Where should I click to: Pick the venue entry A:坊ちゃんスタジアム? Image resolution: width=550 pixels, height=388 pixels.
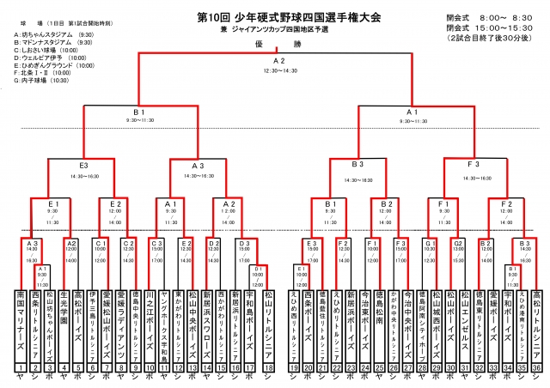click(48, 34)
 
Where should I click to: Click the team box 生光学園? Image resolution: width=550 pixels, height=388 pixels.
click(63, 323)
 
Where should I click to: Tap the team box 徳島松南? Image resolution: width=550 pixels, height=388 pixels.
click(380, 323)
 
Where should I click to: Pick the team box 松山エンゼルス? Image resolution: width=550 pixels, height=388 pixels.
click(464, 323)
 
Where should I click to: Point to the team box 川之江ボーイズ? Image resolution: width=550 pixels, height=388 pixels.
click(150, 323)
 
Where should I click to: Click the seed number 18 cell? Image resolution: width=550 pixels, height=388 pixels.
click(269, 367)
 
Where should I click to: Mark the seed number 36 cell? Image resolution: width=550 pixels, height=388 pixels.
click(538, 367)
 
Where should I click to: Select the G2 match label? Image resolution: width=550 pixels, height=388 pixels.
click(457, 243)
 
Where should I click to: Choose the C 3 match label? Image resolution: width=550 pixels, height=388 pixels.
click(156, 243)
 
